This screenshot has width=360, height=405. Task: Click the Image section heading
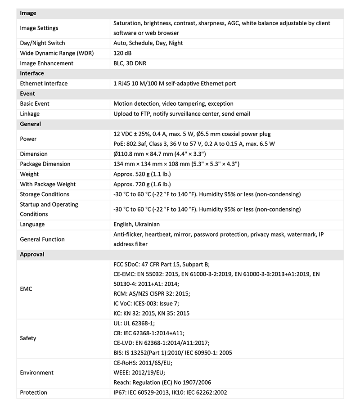click(28, 13)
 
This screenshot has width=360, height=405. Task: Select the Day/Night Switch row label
click(42, 43)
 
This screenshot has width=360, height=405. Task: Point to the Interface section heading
click(32, 73)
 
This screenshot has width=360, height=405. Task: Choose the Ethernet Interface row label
click(44, 83)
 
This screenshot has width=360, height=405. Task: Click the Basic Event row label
click(35, 103)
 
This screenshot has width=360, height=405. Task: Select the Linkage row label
click(30, 114)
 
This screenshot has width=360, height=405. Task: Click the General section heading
click(31, 124)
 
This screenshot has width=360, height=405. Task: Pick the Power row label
click(28, 139)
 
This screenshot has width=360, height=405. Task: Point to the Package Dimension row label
click(45, 164)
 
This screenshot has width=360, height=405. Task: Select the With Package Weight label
click(48, 184)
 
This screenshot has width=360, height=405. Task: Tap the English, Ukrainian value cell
click(136, 224)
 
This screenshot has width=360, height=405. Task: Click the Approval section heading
click(32, 254)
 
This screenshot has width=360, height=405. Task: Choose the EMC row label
click(26, 288)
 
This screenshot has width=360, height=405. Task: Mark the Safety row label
click(28, 338)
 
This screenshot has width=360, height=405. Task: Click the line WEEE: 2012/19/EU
click(140, 373)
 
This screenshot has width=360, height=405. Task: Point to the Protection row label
click(33, 392)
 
